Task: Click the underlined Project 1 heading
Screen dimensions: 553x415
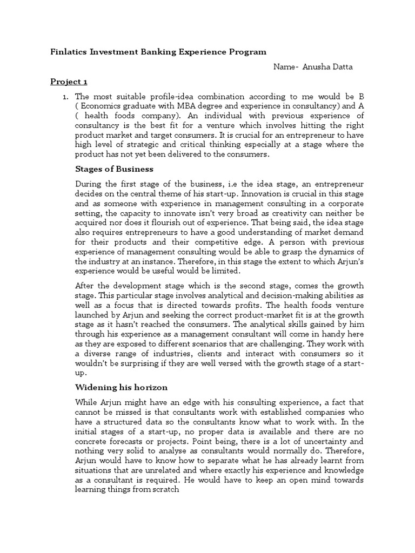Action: click(x=69, y=82)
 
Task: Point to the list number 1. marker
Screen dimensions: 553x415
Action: click(x=64, y=97)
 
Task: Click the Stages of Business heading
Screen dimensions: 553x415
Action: click(x=115, y=169)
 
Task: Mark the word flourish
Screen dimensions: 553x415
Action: click(x=168, y=223)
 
